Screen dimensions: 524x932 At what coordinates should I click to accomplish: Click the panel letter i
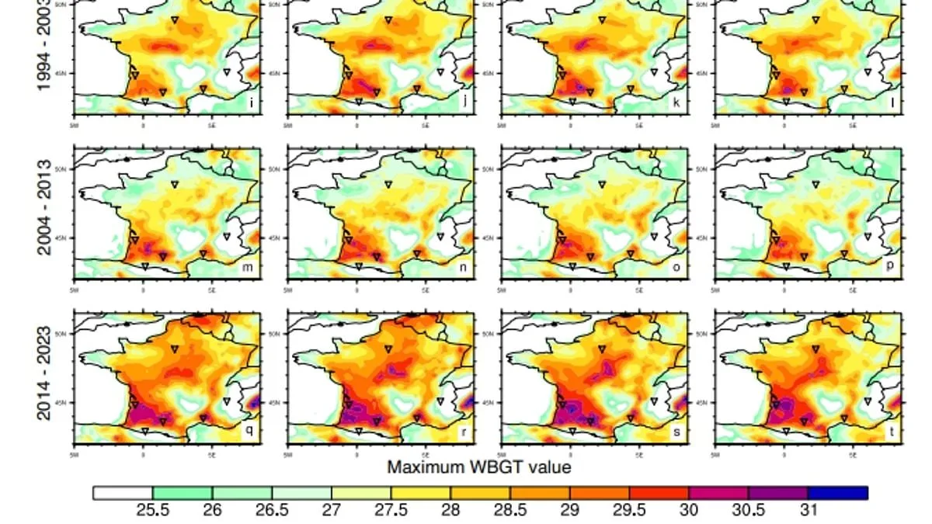(250, 102)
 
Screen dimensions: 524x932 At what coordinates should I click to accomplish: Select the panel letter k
(677, 102)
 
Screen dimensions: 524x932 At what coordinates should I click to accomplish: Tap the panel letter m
(249, 268)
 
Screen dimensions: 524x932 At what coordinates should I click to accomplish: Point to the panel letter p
(890, 268)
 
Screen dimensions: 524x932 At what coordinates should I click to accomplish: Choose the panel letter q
(249, 432)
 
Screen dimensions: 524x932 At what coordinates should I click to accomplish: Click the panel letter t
(891, 432)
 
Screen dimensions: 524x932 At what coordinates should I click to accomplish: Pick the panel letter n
(463, 268)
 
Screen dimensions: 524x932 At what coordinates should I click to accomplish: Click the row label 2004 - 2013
(44, 208)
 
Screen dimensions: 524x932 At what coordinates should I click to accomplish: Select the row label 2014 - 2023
(44, 373)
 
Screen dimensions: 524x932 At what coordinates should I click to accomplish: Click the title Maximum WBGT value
(479, 467)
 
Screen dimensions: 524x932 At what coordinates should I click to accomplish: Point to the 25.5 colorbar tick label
(153, 510)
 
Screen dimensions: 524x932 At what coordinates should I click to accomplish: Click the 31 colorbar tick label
(809, 510)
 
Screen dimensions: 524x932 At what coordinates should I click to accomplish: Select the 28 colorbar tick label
(450, 510)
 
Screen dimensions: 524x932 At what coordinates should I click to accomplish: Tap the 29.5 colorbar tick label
(629, 510)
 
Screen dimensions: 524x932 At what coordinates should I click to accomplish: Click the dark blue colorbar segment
(837, 493)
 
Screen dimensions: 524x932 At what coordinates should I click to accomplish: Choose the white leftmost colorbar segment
(123, 493)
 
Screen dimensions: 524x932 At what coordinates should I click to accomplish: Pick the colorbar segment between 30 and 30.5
(718, 493)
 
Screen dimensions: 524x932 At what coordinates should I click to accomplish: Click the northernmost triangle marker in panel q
(175, 349)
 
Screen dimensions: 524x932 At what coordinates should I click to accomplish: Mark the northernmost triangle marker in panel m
(175, 185)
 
